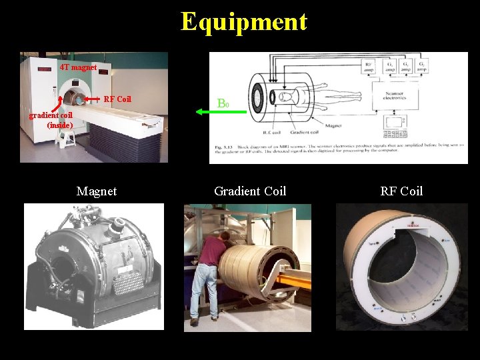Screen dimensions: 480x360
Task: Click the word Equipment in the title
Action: pos(243,21)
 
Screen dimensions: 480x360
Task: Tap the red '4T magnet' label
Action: pos(78,67)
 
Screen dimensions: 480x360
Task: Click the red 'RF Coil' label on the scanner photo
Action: pos(118,99)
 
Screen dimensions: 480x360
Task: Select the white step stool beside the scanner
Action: pos(67,138)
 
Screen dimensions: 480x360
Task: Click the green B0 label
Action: pos(223,104)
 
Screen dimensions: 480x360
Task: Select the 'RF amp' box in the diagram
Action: pos(368,67)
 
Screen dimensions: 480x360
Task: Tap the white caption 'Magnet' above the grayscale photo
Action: pos(97,191)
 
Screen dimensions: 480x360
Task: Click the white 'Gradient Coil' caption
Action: pos(250,191)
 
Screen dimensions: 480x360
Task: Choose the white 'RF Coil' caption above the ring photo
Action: pos(401,191)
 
